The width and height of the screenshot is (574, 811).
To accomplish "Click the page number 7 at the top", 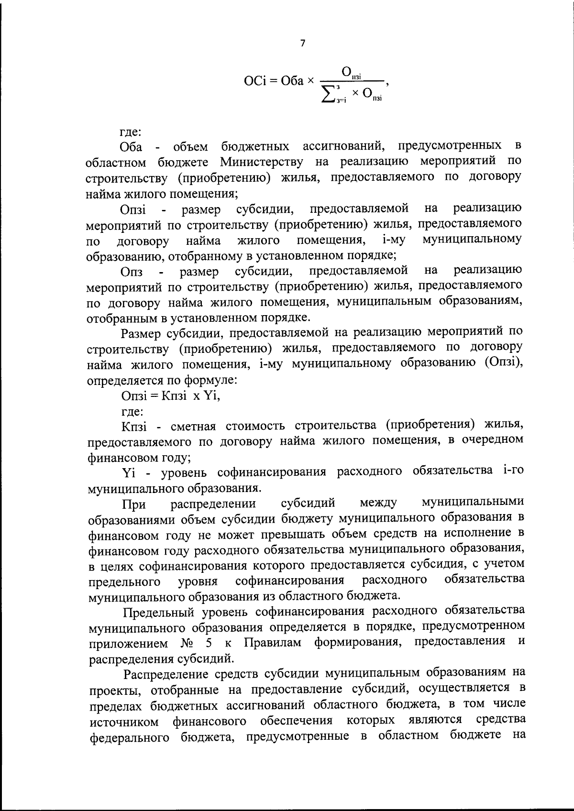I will pos(302,44).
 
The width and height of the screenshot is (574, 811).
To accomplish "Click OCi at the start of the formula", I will pos(254,81).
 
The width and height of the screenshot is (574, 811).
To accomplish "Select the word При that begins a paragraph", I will pos(134,504).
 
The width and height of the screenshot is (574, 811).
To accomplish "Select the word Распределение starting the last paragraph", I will pos(166,674).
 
